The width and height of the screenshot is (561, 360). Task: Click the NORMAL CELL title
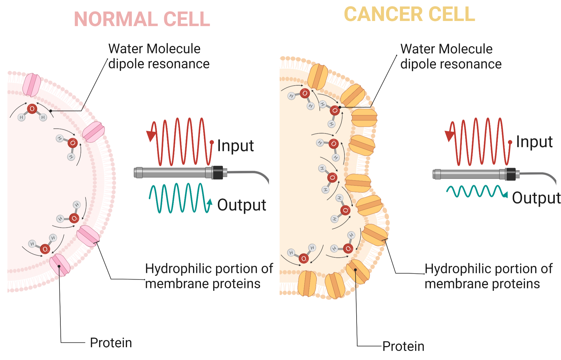(142, 19)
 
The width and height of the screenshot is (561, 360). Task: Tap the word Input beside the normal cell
(235, 146)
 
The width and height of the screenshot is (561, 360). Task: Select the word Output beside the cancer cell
(536, 198)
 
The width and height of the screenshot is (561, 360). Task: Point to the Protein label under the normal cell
(111, 343)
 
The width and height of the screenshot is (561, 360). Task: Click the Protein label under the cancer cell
(403, 346)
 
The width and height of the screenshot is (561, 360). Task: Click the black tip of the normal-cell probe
(218, 172)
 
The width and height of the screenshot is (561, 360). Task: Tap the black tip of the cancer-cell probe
(511, 174)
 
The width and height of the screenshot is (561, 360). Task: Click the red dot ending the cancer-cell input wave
(510, 142)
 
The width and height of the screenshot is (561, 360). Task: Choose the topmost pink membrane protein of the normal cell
(31, 85)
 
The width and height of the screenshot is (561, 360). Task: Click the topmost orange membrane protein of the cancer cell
(317, 76)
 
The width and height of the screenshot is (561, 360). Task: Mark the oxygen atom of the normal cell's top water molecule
(32, 108)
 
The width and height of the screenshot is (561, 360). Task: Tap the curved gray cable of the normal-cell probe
(255, 173)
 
